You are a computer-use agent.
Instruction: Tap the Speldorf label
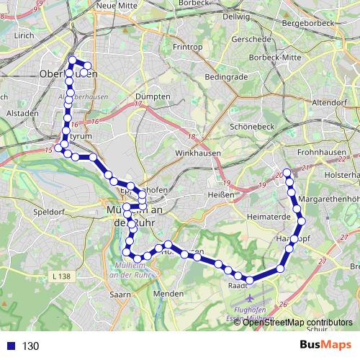(x=49, y=213)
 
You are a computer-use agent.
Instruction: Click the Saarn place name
(x=120, y=294)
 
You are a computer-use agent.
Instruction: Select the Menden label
(x=169, y=294)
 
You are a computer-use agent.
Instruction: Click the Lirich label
(x=24, y=35)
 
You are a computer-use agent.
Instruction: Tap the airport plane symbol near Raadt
(x=250, y=298)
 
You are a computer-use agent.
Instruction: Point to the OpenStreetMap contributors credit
(x=297, y=322)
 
